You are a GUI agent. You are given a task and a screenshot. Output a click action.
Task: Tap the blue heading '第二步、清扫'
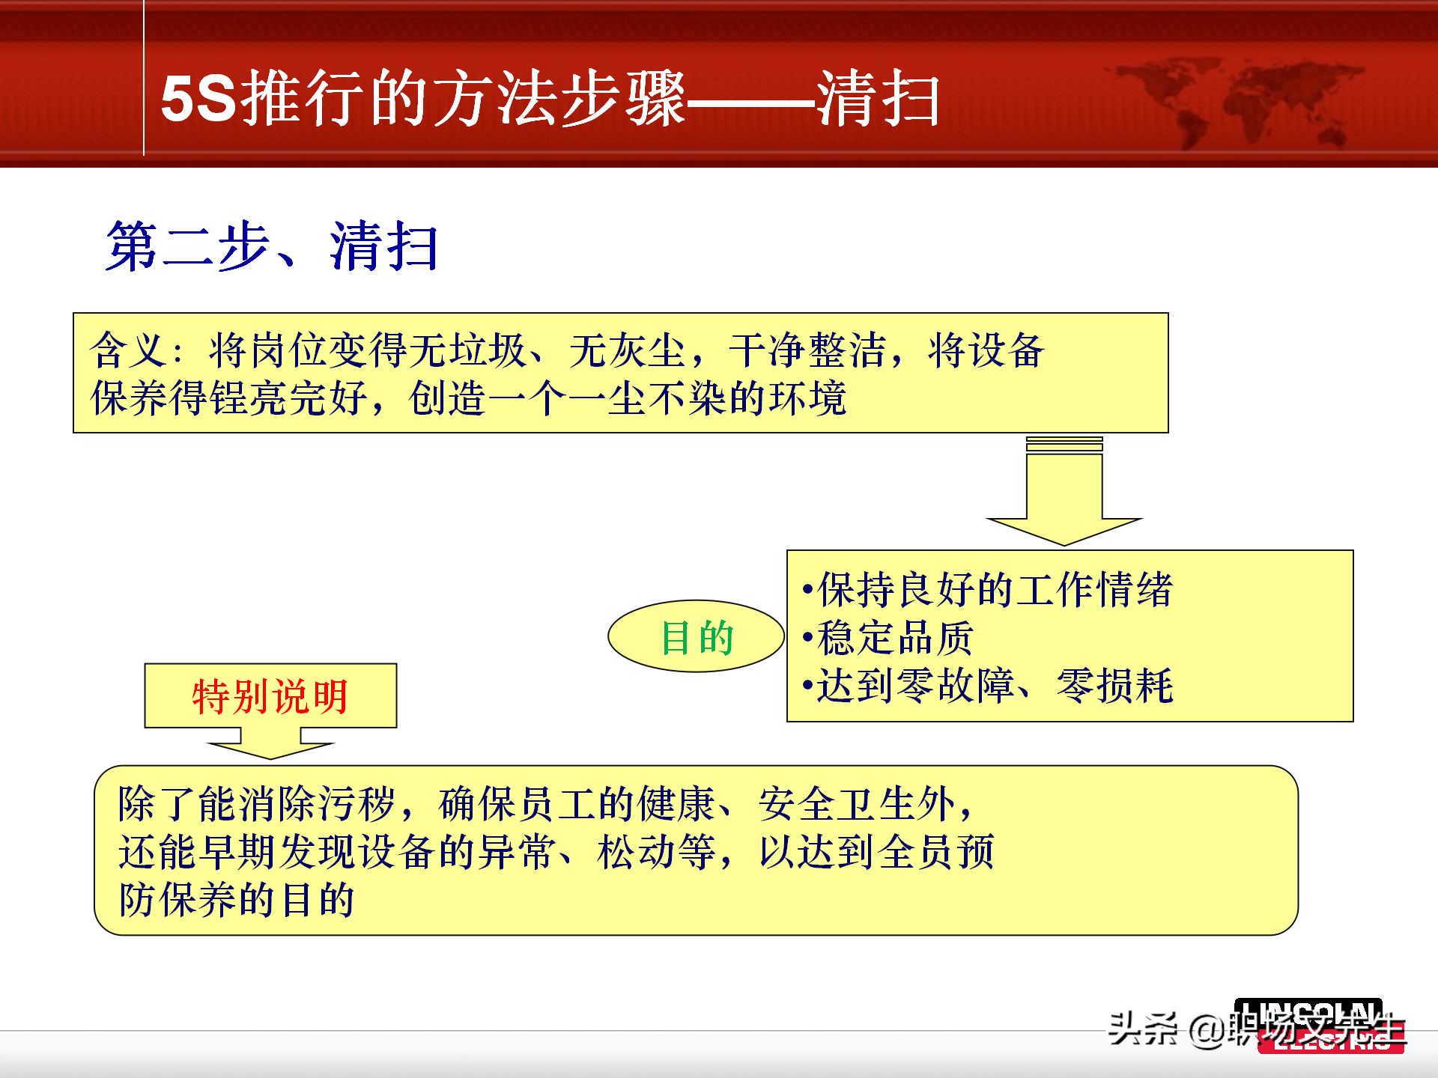pyautogui.click(x=272, y=246)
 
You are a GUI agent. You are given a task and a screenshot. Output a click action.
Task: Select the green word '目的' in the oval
pyautogui.click(x=697, y=638)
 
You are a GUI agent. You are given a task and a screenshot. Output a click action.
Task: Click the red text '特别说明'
pyautogui.click(x=270, y=696)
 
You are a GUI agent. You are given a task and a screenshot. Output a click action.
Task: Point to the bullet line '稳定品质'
pyautogui.click(x=894, y=638)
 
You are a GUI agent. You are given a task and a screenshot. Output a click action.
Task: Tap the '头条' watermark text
pyautogui.click(x=1143, y=1029)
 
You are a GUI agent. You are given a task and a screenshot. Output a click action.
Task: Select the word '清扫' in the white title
pyautogui.click(x=879, y=98)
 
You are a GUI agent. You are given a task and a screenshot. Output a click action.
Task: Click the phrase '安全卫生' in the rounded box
pyautogui.click(x=839, y=804)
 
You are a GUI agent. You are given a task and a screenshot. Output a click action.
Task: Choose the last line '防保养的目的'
pyautogui.click(x=237, y=900)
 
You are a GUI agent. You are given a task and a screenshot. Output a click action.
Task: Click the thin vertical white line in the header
pyautogui.click(x=143, y=79)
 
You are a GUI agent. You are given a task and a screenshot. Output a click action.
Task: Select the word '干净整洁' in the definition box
pyautogui.click(x=808, y=350)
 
